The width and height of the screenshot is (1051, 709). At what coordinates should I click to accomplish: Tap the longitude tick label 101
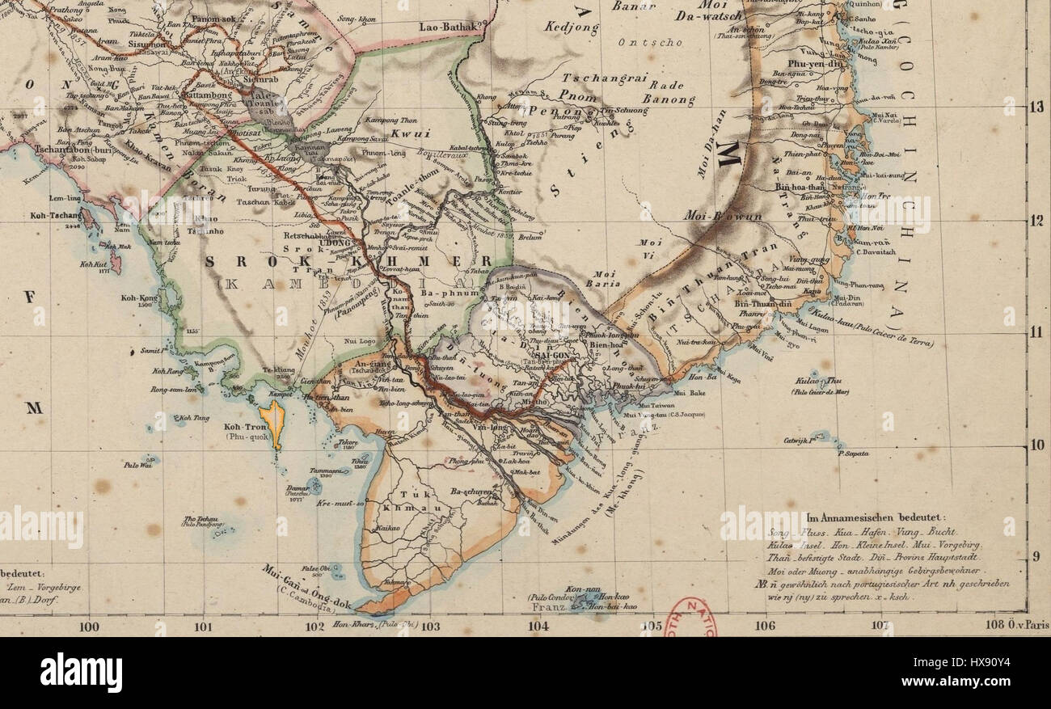[203, 625]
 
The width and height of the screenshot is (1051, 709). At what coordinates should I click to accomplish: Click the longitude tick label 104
[538, 625]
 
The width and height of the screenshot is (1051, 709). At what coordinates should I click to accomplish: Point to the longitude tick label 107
[880, 625]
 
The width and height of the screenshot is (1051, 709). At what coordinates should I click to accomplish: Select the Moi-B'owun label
[711, 216]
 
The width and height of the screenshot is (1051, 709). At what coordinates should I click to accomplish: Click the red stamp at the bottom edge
[691, 618]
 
